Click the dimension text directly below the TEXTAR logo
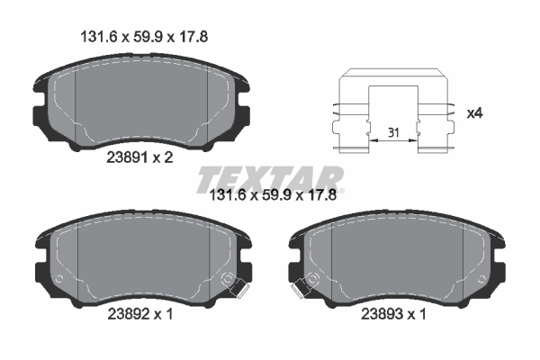pyautogui.click(x=272, y=202)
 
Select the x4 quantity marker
pyautogui.click(x=474, y=113)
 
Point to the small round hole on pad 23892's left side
pyautogui.click(x=59, y=280)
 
